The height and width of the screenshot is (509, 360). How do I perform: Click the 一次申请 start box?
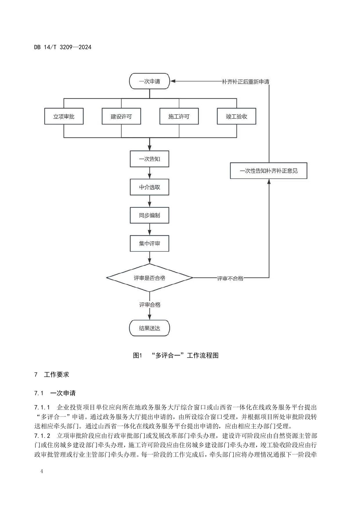click(x=149, y=81)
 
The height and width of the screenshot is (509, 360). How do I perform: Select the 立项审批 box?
click(x=64, y=117)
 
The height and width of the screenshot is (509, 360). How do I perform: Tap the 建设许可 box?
click(x=121, y=117)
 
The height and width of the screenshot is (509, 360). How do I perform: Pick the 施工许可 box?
click(x=179, y=117)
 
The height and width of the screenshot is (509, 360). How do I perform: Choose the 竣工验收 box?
click(x=236, y=117)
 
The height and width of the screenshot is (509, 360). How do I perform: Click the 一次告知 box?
click(x=149, y=159)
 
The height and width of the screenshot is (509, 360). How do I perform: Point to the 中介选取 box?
click(x=149, y=187)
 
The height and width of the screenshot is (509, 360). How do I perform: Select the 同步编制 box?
click(x=149, y=215)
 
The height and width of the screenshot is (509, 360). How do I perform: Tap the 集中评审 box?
click(x=149, y=243)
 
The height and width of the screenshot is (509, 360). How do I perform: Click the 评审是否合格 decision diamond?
click(x=149, y=278)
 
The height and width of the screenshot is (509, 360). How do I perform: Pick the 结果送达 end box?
click(x=149, y=328)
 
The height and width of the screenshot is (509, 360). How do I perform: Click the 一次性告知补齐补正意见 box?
click(x=269, y=171)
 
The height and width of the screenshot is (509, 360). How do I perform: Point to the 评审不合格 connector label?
click(x=230, y=278)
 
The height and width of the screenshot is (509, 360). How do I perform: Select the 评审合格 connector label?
click(x=150, y=305)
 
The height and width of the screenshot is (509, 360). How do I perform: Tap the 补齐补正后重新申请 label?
click(x=245, y=82)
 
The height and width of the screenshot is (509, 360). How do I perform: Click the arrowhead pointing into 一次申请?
click(x=173, y=81)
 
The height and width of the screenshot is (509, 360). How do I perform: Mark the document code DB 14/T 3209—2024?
click(x=63, y=47)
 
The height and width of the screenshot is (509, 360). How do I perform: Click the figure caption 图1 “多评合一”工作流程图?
click(x=176, y=355)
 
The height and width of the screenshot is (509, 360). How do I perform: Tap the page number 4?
click(x=42, y=471)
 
